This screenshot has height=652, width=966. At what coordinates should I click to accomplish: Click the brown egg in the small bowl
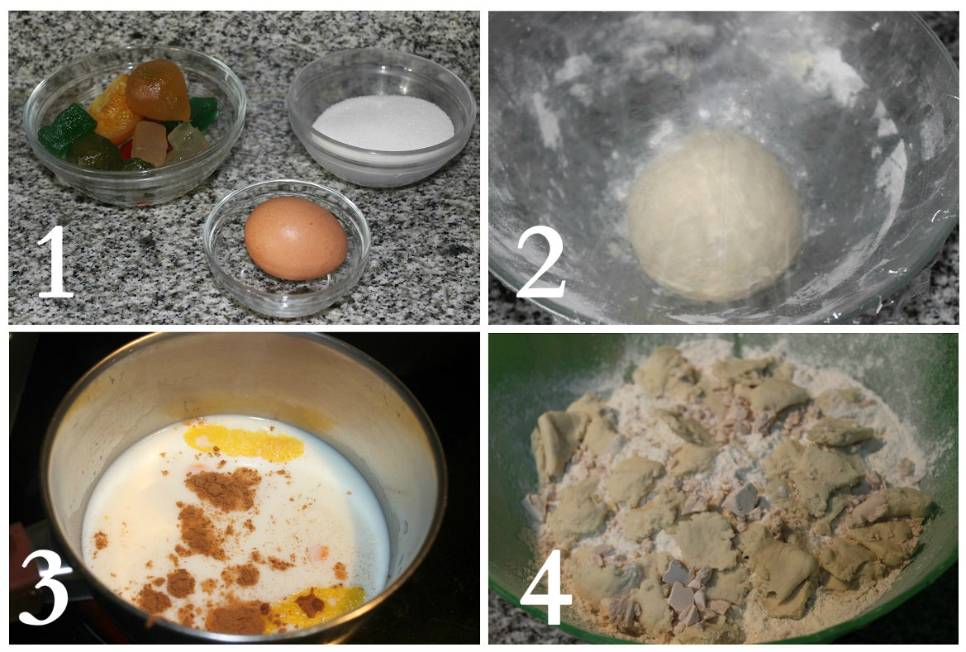coord(296,238)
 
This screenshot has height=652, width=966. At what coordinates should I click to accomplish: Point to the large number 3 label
coord(44,588)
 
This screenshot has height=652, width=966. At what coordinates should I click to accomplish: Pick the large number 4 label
coord(546,588)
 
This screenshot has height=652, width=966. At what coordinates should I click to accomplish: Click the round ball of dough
coord(715,216)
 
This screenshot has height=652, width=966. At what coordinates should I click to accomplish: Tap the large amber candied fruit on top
coord(158,90)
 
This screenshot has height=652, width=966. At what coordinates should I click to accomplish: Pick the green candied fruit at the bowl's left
coord(67,129)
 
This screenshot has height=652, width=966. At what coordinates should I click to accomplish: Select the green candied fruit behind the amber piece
coord(203,112)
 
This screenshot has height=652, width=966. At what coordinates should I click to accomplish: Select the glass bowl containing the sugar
coord(382,117)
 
